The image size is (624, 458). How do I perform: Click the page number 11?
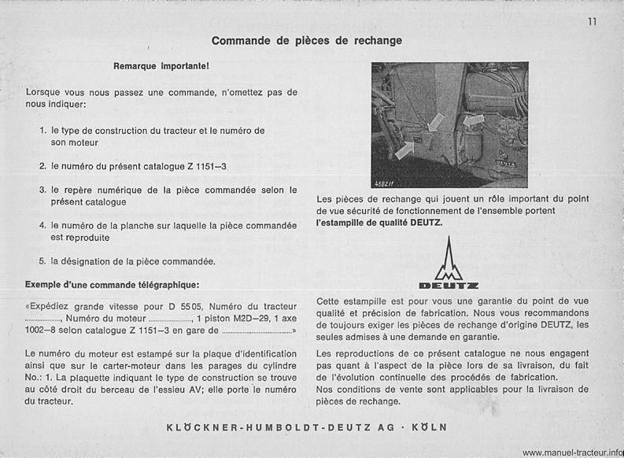coord(591,21)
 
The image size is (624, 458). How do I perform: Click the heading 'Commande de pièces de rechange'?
coord(307,40)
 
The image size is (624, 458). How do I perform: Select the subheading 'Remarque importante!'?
coord(161,66)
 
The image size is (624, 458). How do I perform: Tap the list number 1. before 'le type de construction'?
coord(43,130)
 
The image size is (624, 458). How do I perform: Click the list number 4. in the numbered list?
coord(43,226)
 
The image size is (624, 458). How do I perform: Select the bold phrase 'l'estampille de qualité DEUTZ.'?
coord(379,223)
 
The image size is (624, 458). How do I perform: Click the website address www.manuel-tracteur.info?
coord(571,452)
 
